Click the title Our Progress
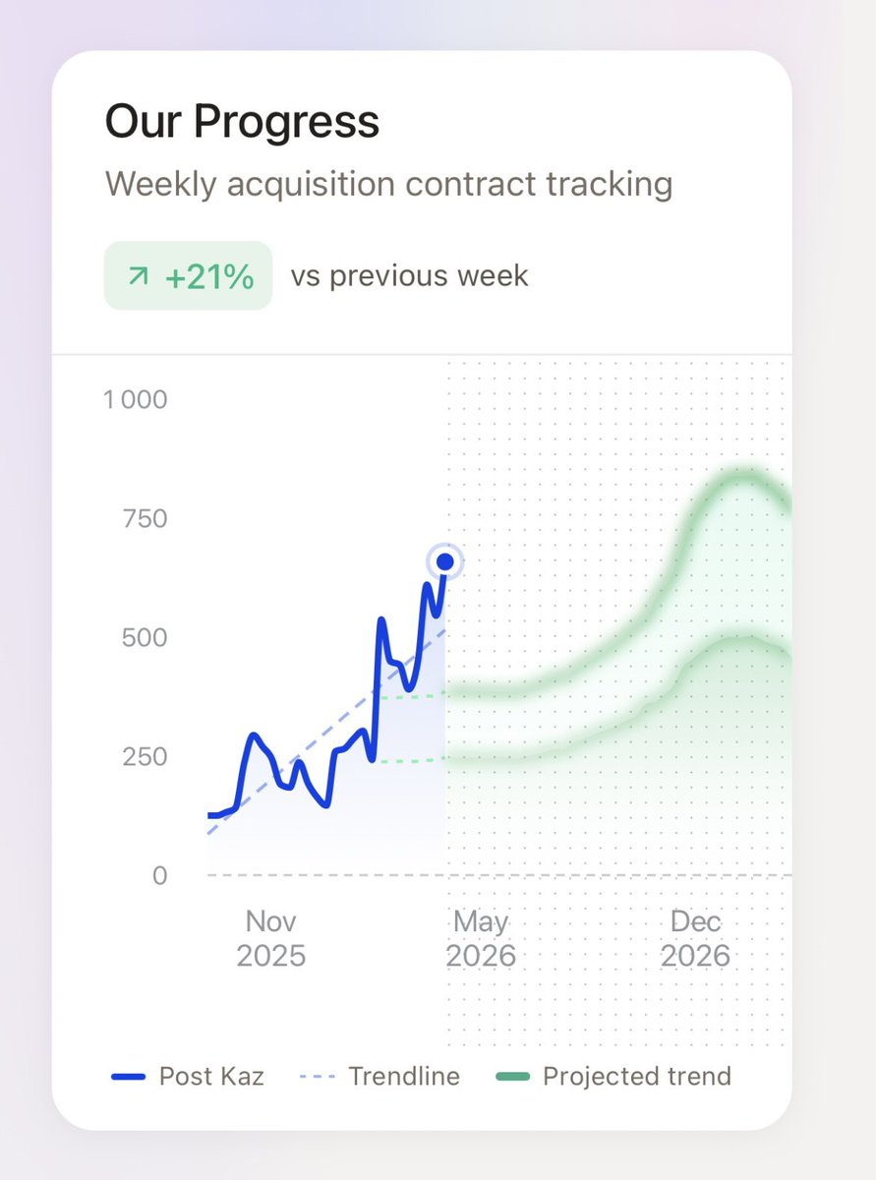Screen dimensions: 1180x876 pos(242,123)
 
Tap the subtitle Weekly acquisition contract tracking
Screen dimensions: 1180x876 pos(388,184)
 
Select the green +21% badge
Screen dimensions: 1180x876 pos(188,276)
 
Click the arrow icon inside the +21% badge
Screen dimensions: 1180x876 pos(139,277)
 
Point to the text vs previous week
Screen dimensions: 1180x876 pos(409,276)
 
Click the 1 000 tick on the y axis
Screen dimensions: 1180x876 pos(136,400)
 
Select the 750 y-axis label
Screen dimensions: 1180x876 pos(144,519)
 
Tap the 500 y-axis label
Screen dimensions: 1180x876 pos(144,638)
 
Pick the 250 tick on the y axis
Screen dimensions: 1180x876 pos(144,757)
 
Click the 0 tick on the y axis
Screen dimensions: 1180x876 pos(159,876)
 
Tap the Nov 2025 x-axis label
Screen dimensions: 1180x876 pos(271,939)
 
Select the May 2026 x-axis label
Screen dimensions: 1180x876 pos(481,939)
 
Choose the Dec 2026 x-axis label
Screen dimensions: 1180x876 pos(695,939)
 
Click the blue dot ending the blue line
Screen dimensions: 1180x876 pos(445,562)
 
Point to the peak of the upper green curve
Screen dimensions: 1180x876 pos(744,477)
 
